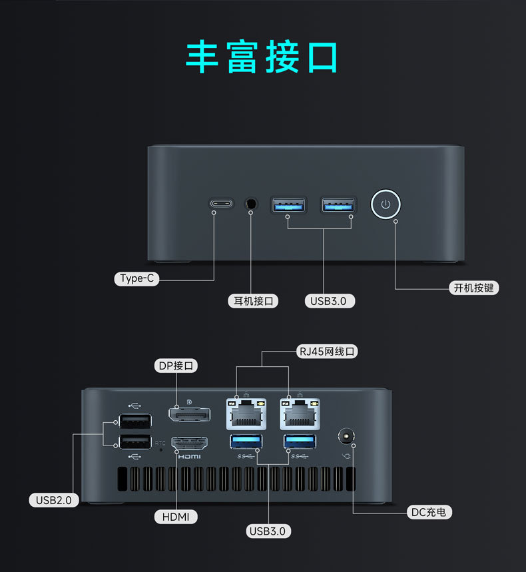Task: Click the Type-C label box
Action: (x=137, y=278)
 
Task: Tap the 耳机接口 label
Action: (x=253, y=301)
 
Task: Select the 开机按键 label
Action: (x=475, y=288)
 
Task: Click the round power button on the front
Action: (x=386, y=204)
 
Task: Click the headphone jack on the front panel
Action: (x=252, y=203)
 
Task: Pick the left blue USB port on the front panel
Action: (x=288, y=204)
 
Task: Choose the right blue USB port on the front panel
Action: (x=338, y=204)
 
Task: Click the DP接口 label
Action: (x=176, y=366)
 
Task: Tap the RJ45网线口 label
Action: (x=327, y=351)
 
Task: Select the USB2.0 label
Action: (x=54, y=499)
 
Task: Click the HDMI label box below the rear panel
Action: (x=176, y=516)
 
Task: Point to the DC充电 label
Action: (x=430, y=512)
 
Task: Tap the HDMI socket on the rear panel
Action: (x=190, y=443)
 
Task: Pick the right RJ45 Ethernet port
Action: (x=300, y=414)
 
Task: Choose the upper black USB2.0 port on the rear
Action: (x=134, y=421)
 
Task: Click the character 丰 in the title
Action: (x=202, y=57)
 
